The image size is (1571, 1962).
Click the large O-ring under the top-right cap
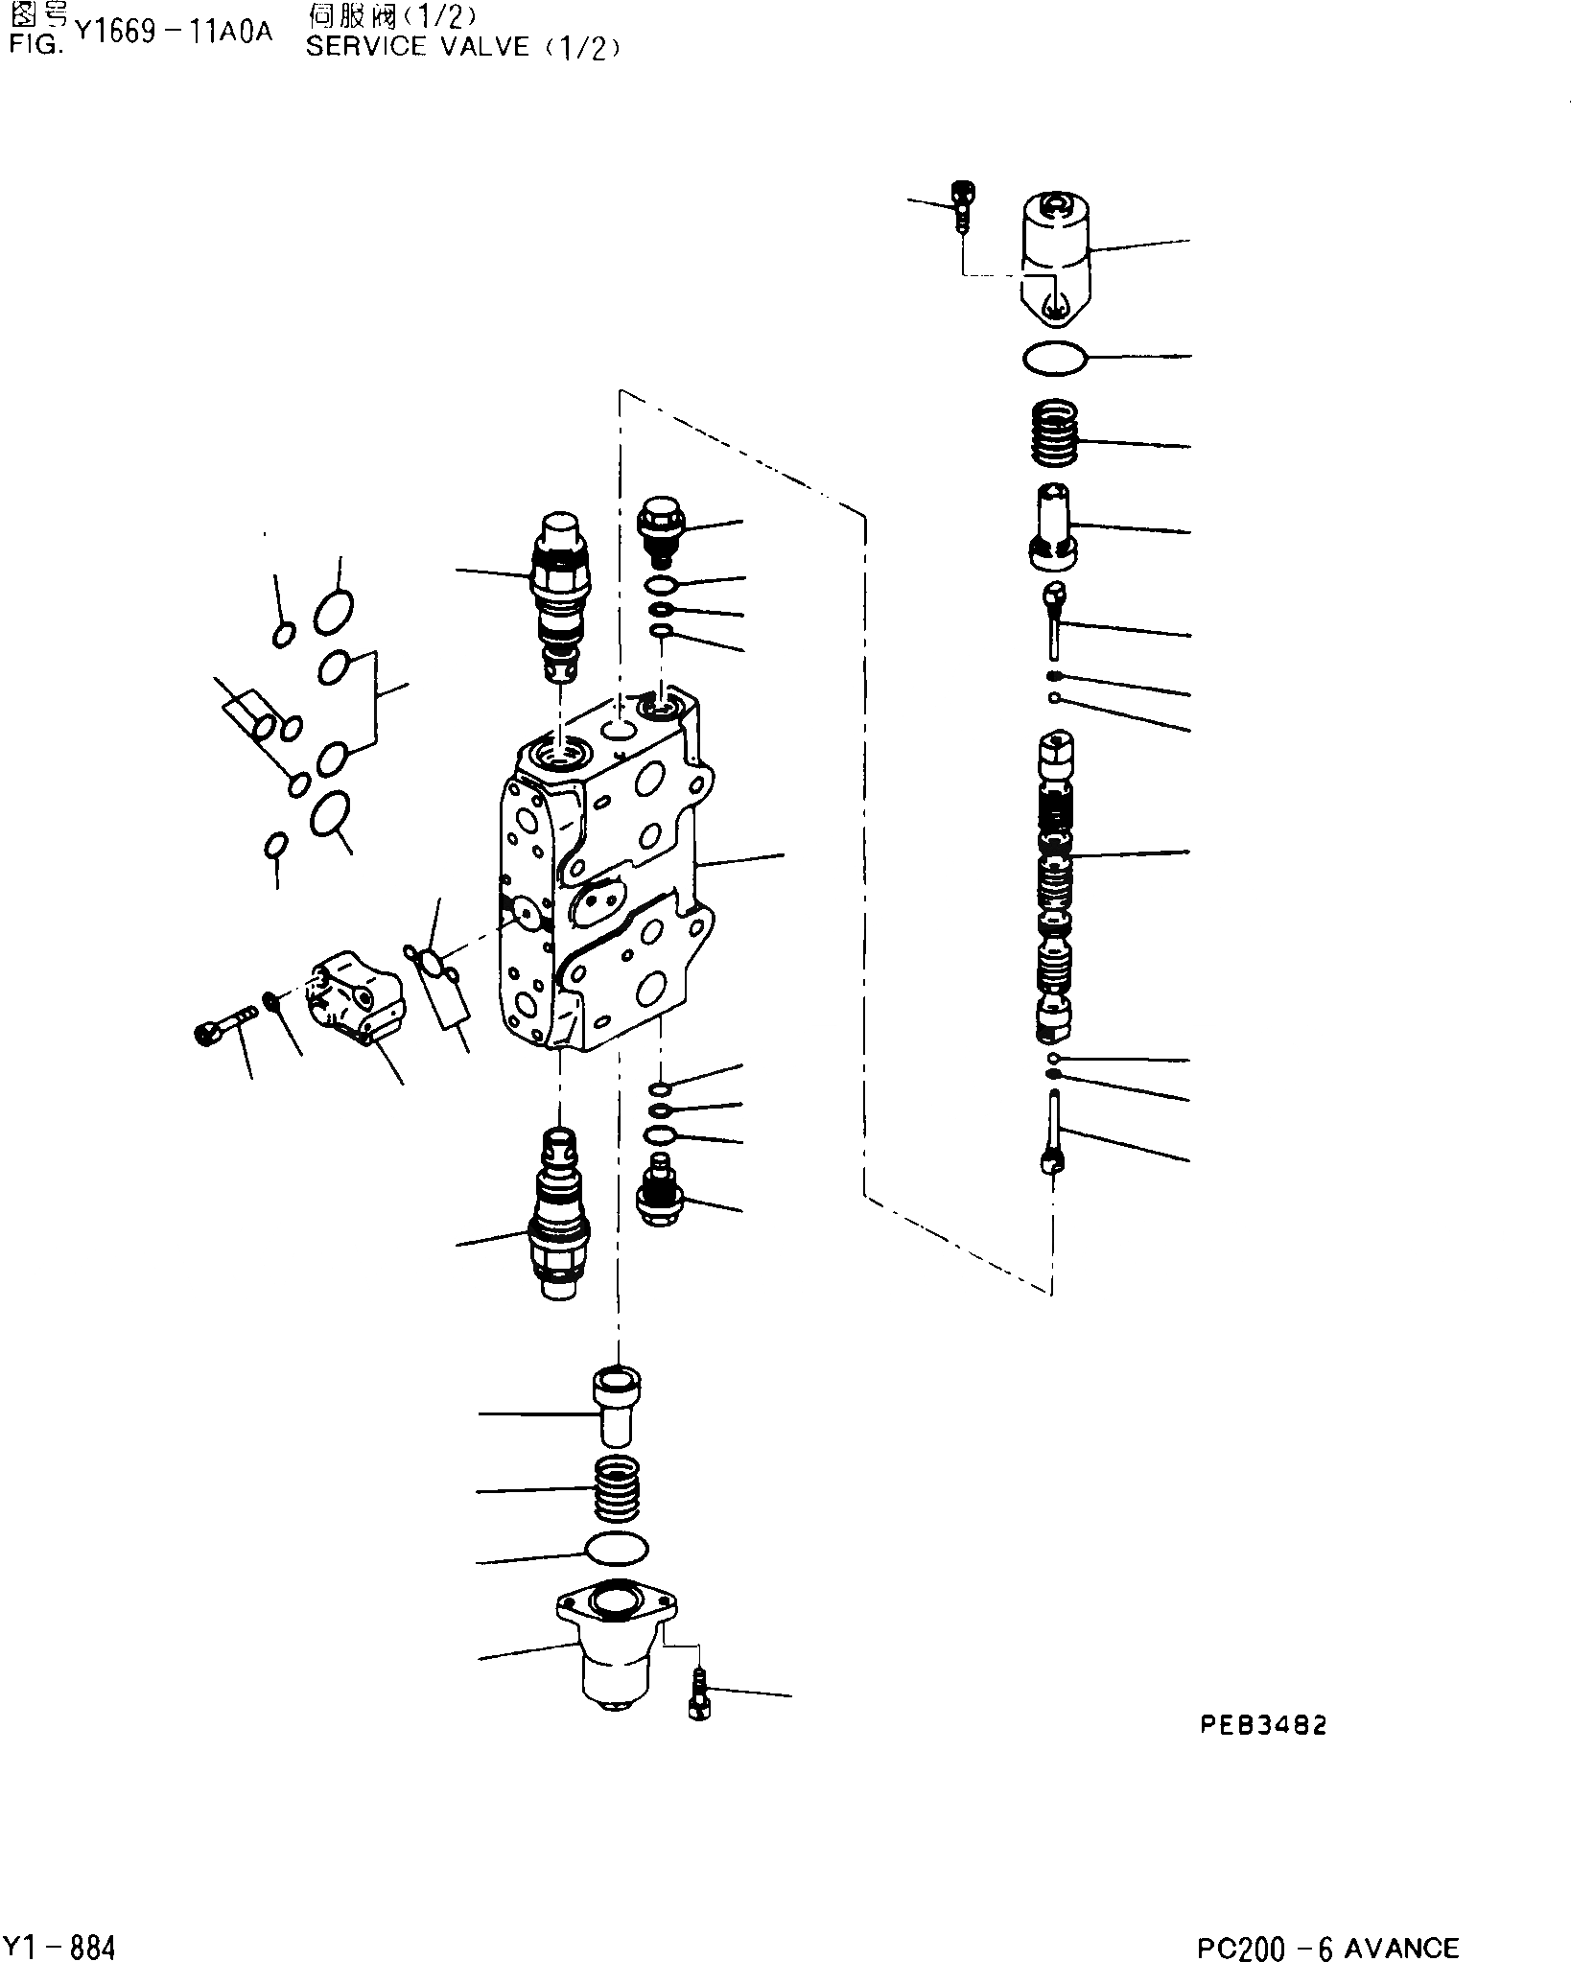coord(1054,359)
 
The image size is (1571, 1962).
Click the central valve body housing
coord(604,882)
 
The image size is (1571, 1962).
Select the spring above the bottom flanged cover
coord(617,1514)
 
